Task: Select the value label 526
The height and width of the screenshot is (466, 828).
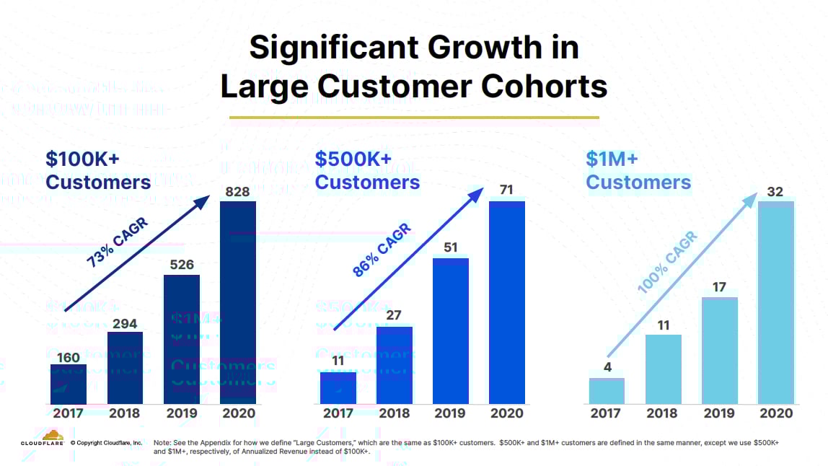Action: [182, 265]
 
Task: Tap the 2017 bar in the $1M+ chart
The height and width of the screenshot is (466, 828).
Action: [607, 390]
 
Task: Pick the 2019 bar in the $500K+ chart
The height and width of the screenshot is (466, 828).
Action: [451, 330]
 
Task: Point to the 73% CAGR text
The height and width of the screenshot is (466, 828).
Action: [117, 243]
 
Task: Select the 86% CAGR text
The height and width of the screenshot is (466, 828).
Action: [382, 250]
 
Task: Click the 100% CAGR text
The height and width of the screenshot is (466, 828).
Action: [668, 262]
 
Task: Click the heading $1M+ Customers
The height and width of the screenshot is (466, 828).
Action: [638, 170]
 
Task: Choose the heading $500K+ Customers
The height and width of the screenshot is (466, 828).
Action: [367, 170]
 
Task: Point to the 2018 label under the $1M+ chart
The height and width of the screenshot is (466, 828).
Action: [663, 413]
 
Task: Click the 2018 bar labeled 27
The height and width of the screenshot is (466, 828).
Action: [395, 364]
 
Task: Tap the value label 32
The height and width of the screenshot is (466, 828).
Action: [775, 192]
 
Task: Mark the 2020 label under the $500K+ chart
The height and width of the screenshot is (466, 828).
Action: [507, 413]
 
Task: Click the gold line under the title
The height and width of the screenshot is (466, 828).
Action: [414, 117]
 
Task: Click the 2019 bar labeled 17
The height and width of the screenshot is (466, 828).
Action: [719, 350]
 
